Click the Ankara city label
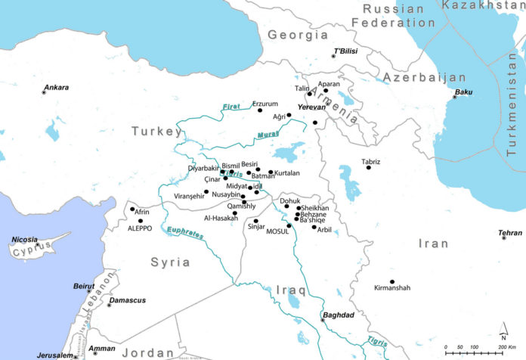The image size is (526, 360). pyautogui.click(x=56, y=88)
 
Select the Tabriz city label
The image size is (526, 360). pyautogui.click(x=371, y=161)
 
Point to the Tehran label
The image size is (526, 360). pyautogui.click(x=511, y=234)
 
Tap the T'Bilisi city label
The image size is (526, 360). pyautogui.click(x=345, y=51)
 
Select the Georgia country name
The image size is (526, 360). pyautogui.click(x=292, y=35)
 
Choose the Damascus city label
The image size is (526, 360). pyautogui.click(x=127, y=300)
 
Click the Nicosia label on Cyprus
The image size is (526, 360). pyautogui.click(x=25, y=240)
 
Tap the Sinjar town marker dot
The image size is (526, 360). pyautogui.click(x=256, y=221)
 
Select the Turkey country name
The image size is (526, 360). pyautogui.click(x=157, y=132)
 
